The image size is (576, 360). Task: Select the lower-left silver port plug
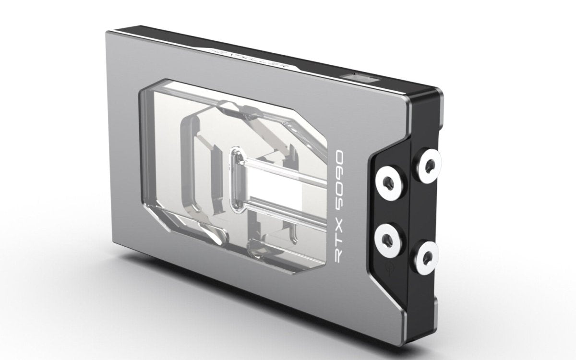pyautogui.click(x=386, y=236)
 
